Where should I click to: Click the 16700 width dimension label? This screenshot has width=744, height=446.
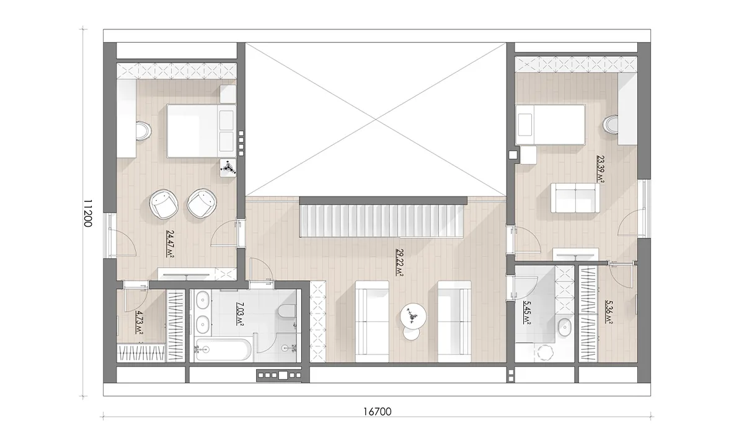click(x=378, y=411)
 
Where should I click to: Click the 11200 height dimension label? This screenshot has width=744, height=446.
click(x=87, y=213)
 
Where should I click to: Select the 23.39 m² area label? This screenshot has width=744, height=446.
click(x=601, y=168)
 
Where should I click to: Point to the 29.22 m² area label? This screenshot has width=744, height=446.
click(x=399, y=263)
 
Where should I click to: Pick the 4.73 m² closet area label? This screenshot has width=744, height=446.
click(x=139, y=322)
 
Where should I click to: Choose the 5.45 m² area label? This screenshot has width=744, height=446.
click(x=526, y=312)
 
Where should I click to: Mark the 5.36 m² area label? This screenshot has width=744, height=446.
click(x=609, y=312)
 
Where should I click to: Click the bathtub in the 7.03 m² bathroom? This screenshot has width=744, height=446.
click(x=223, y=349)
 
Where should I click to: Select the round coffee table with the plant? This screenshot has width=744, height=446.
click(x=413, y=317)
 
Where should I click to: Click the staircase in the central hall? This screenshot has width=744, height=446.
click(x=382, y=221)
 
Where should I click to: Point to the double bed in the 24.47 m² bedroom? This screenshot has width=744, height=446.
click(x=201, y=131)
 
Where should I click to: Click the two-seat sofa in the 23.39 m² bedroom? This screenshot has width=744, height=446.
click(x=575, y=198)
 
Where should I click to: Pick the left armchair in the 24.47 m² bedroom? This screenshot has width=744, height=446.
click(x=164, y=204)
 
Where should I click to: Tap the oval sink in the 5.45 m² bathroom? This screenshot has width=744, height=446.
click(x=564, y=327)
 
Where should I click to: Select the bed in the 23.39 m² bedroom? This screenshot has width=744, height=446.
click(x=550, y=125)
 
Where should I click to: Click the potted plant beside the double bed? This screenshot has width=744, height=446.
click(x=228, y=168)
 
